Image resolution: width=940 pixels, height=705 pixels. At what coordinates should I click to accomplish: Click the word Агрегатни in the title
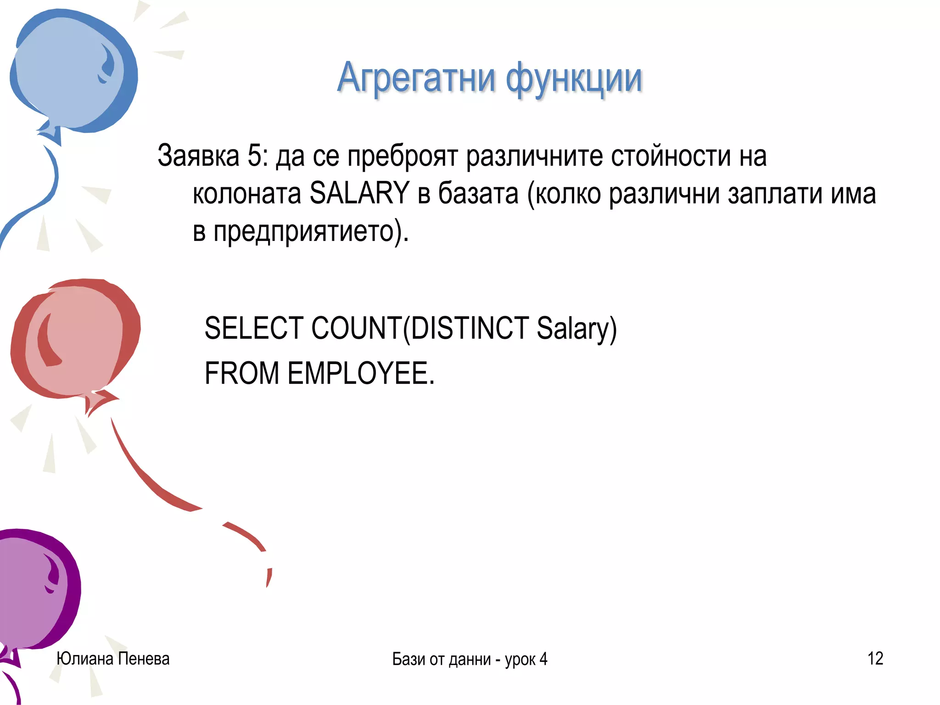click(416, 78)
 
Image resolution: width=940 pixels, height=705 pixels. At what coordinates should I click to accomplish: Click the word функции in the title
click(574, 79)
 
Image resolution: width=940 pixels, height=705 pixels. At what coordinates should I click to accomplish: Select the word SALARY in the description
click(359, 193)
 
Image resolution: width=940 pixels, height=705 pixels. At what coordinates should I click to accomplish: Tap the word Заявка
click(198, 156)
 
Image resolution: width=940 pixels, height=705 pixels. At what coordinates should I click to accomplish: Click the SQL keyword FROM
click(241, 373)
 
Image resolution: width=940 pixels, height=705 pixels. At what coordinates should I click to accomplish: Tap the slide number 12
click(875, 658)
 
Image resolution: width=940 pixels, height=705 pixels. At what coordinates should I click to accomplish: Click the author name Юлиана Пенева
click(113, 658)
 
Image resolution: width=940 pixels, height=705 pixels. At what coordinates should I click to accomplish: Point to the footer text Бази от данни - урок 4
click(470, 659)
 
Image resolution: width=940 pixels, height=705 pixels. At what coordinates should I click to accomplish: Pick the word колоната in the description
click(246, 193)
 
